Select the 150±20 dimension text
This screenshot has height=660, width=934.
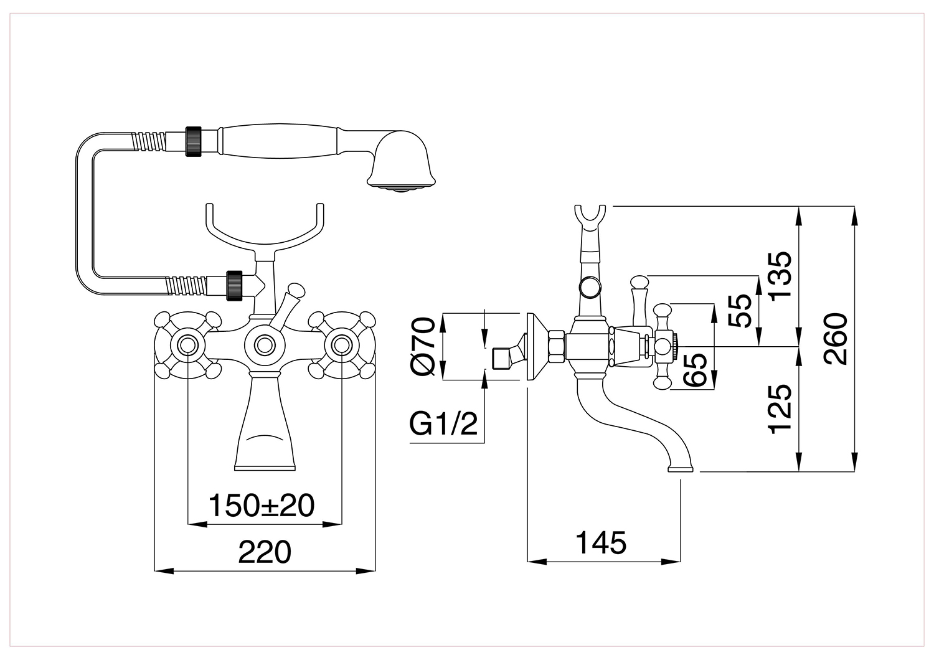tap(262, 506)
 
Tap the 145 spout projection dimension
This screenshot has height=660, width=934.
tap(601, 542)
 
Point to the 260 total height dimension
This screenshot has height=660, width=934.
tap(836, 339)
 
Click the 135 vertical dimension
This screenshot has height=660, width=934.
tap(780, 276)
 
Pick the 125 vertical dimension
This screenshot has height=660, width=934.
tap(780, 409)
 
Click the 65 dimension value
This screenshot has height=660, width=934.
tap(695, 370)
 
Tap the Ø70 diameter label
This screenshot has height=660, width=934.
tap(423, 346)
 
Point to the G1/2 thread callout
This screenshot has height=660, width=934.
tap(443, 425)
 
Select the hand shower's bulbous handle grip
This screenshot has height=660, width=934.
tap(280, 141)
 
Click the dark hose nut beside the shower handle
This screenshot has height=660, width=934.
tap(193, 141)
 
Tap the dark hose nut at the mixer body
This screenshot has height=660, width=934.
tap(234, 286)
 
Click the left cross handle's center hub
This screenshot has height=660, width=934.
tap(187, 345)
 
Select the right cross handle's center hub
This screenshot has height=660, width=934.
tap(342, 345)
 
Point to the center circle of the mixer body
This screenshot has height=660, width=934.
tap(265, 345)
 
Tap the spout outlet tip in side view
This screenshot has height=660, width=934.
tap(680, 469)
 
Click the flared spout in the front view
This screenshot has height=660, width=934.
tap(265, 421)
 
